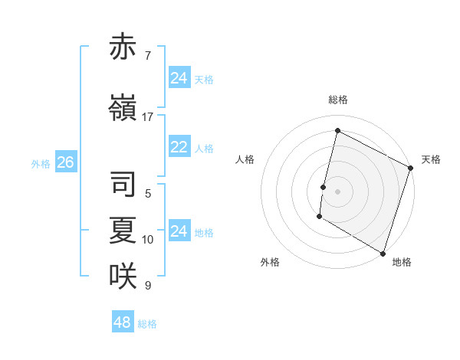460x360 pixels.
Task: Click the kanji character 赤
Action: point(123,47)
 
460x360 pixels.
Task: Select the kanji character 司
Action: point(123,185)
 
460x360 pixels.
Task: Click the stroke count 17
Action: point(148,117)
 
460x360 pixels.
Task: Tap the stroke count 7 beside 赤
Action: point(148,56)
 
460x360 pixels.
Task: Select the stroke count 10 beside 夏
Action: point(148,240)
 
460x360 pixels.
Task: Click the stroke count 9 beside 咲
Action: point(148,286)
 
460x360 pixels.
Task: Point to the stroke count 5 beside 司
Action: point(148,194)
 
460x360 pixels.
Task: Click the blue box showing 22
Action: point(179,148)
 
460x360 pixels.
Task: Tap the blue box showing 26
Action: point(65,162)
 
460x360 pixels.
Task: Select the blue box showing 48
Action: point(123,322)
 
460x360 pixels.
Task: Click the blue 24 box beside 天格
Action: point(179,78)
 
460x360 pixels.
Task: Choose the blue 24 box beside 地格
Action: point(179,231)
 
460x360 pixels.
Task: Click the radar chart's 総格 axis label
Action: point(338,100)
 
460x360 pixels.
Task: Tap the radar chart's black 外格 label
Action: point(270,262)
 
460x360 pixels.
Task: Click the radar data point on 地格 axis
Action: point(383,253)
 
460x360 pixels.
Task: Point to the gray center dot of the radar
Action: point(337,191)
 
